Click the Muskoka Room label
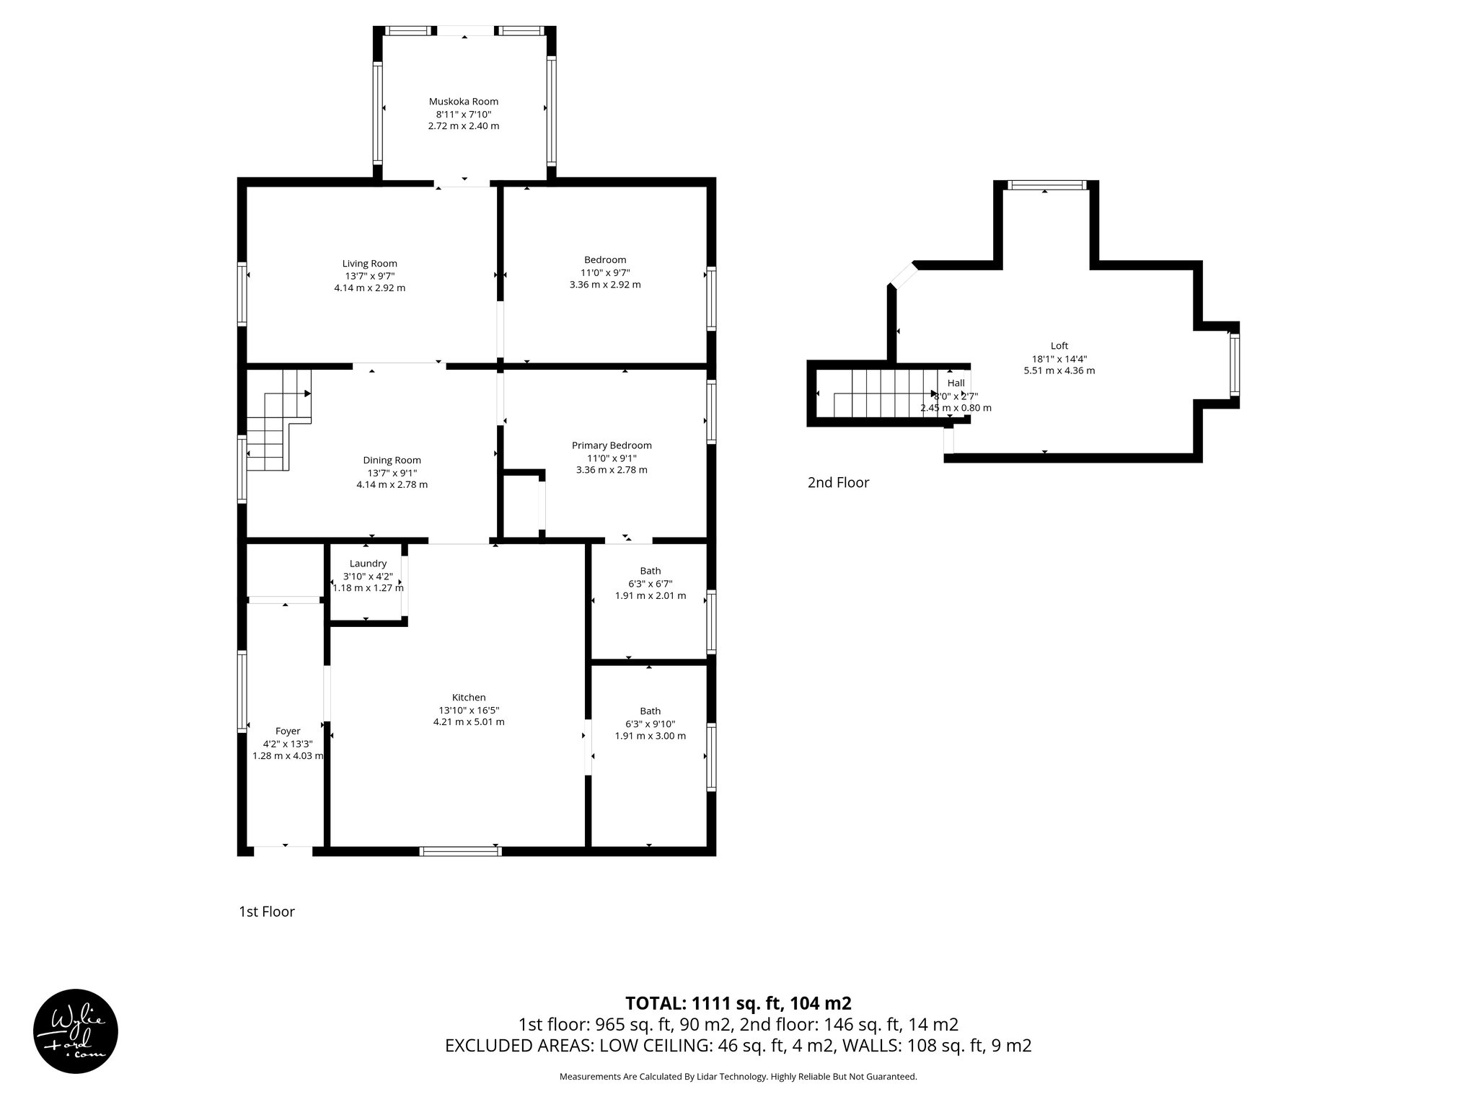point(463,102)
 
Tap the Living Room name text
point(369,264)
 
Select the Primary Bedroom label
point(612,445)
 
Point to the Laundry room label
point(368,564)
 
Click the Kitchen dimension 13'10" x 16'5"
point(468,710)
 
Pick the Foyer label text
point(287,731)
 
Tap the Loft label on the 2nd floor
point(1059,346)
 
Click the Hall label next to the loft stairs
point(956,383)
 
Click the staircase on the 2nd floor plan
point(883,393)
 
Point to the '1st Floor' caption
point(267,912)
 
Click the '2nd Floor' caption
point(838,483)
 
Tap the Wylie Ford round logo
point(76,1031)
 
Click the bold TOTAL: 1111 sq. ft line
point(738,1003)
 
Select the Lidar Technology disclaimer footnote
point(738,1077)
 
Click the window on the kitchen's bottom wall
point(460,851)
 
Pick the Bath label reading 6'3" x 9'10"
point(650,724)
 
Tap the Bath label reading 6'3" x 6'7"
point(650,584)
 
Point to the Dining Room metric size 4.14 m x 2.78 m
point(392,485)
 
